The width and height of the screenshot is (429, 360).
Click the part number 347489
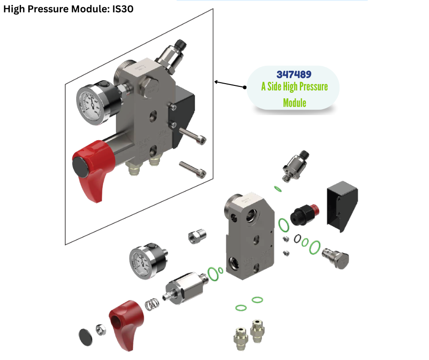click(294, 74)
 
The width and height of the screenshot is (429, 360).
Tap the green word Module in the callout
click(295, 103)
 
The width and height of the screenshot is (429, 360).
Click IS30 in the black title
click(123, 9)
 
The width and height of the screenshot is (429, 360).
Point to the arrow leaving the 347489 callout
click(230, 85)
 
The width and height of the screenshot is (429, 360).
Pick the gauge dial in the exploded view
click(141, 263)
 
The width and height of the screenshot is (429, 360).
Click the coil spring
click(152, 304)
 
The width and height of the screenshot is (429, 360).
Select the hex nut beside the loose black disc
click(101, 329)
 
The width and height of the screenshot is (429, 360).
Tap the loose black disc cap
click(85, 337)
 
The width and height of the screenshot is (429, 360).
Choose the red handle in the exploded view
click(126, 324)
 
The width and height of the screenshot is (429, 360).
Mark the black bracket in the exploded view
click(342, 206)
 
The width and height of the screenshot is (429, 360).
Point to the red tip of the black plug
click(315, 209)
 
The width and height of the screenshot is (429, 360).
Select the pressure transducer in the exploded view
click(295, 165)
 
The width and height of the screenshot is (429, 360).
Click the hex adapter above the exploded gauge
click(197, 236)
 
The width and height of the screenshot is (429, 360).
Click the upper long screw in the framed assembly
click(192, 136)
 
